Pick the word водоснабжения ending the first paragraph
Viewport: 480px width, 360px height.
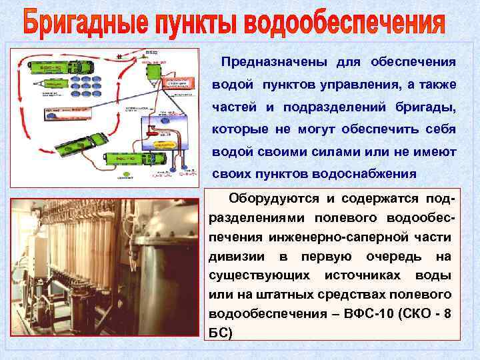(366, 175)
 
